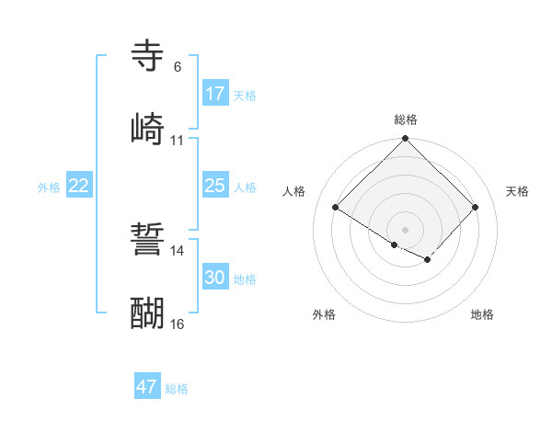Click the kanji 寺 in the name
148,56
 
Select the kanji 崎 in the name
148,129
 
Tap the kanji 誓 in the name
148,241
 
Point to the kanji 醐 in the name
148,313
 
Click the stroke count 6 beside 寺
177,67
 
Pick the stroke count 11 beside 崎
177,141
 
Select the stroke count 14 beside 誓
177,251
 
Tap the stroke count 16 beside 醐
177,324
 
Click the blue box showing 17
215,94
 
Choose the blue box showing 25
215,186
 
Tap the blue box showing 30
215,278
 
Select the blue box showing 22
79,186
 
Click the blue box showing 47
147,387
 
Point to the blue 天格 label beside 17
245,95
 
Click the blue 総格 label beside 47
177,389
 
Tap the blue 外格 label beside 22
49,187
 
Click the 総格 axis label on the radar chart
405,119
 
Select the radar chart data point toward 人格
336,207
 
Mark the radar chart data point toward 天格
476,207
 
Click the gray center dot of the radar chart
405,229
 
